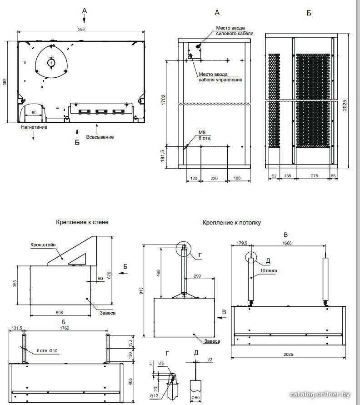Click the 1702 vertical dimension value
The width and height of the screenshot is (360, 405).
(163, 100)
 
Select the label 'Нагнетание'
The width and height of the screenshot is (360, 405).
(34, 127)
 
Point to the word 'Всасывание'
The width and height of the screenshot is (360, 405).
(100, 137)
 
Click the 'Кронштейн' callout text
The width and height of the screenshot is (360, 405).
(43, 245)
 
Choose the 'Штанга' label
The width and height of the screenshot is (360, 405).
(269, 271)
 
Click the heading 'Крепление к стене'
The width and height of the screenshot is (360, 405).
(82, 222)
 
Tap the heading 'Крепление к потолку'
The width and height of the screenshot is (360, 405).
(232, 223)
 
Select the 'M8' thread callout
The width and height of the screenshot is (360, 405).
(202, 133)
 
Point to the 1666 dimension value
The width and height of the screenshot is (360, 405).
(287, 243)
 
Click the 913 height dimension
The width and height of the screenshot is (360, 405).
(141, 291)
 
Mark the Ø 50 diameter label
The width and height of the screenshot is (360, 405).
(195, 398)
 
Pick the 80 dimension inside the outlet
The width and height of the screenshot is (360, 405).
(34, 113)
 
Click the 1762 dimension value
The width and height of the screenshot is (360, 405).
(65, 328)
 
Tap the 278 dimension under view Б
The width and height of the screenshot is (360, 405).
(314, 176)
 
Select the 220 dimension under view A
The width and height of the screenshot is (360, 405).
(214, 178)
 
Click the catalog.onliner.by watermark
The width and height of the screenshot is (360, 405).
(320, 395)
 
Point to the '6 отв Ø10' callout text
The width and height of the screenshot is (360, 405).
(47, 350)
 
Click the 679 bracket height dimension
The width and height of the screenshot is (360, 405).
(109, 275)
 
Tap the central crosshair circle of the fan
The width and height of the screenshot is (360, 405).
(51, 63)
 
